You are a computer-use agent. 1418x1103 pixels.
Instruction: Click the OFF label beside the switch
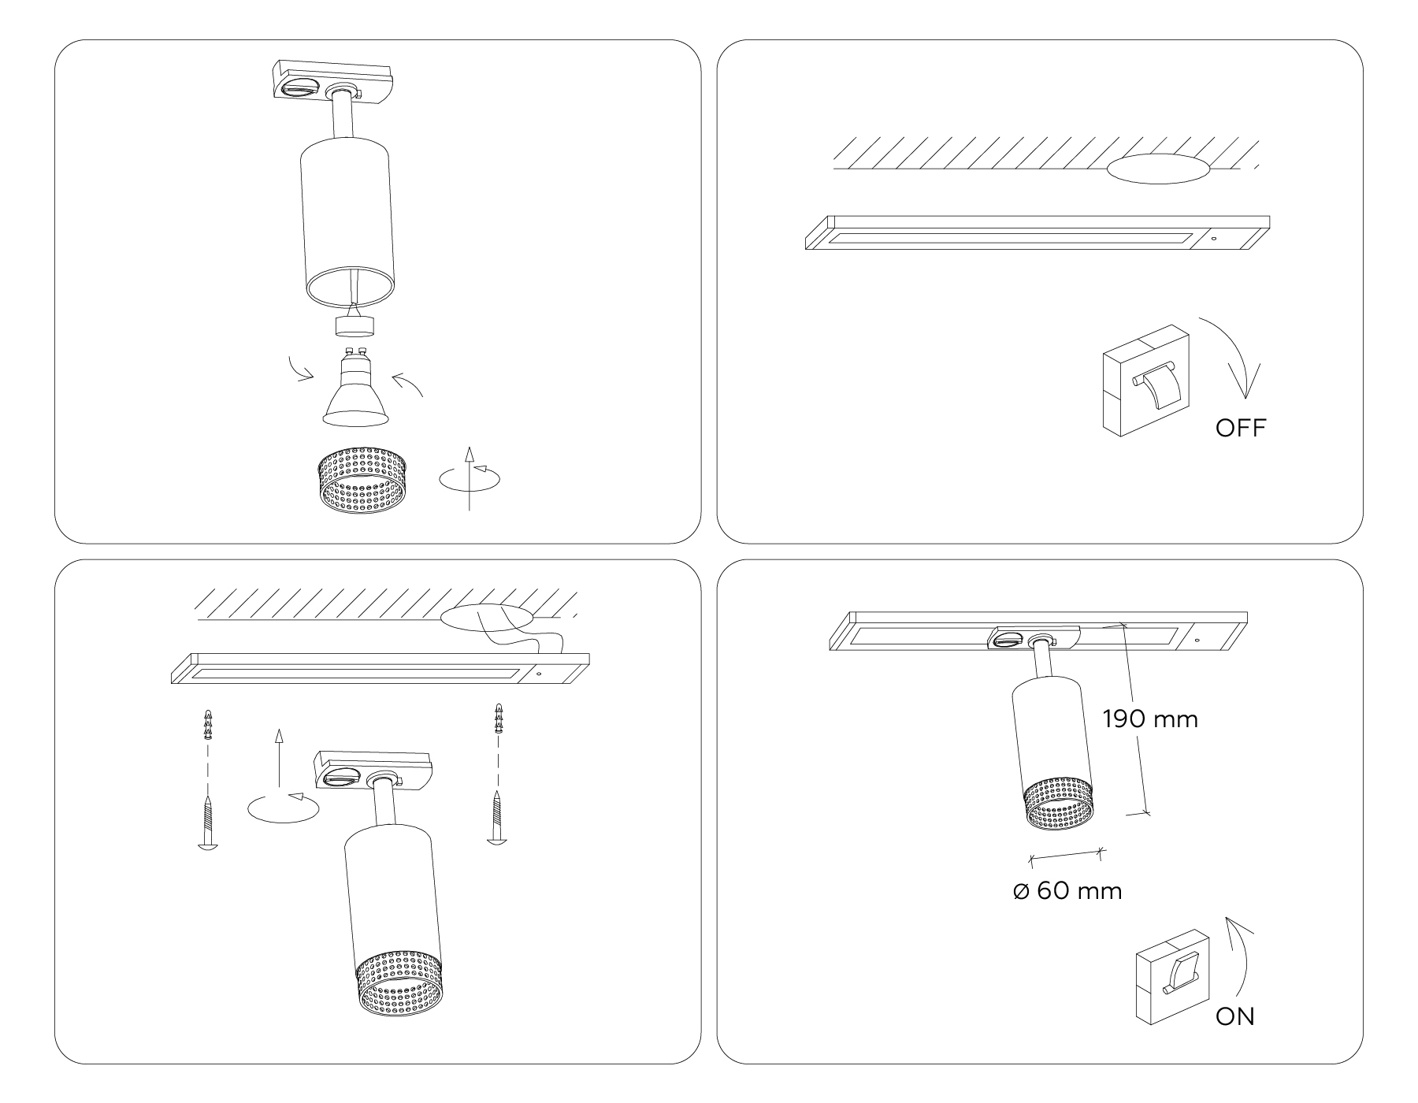[1240, 429]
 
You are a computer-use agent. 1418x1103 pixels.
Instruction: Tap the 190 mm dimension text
[1150, 719]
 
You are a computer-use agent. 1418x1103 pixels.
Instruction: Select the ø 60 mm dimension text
[1067, 891]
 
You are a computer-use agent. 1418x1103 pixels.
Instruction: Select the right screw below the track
[498, 817]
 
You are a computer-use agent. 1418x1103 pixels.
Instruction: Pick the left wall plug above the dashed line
[208, 725]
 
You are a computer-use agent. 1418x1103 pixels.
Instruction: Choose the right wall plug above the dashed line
[498, 718]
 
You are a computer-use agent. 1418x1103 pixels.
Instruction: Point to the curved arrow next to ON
[1245, 957]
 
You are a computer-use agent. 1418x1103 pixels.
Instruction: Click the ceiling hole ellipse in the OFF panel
[1157, 168]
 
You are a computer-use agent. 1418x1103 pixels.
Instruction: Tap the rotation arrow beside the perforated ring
[470, 478]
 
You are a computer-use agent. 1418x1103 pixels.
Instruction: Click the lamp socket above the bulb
[354, 323]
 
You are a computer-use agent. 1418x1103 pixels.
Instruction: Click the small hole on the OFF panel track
[1214, 238]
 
